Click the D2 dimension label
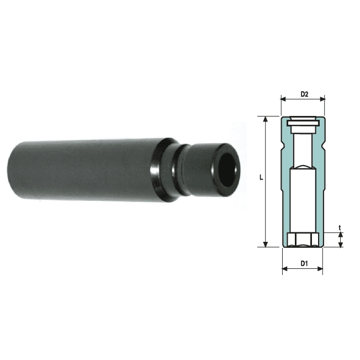tap(304, 94)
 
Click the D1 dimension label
tap(304, 263)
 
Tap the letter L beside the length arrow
tap(261, 177)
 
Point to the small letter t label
tap(340, 228)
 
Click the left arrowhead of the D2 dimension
tap(283, 99)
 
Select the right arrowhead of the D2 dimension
tap(322, 99)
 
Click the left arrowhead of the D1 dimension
tap(285, 269)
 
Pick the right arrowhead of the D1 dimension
tap(320, 269)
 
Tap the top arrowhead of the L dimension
tap(266, 119)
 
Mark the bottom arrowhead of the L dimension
tap(266, 245)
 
